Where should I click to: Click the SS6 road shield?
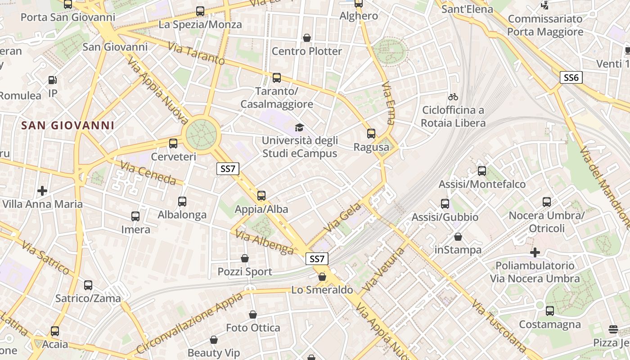coord(571,77)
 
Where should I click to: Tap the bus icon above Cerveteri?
coord(173,144)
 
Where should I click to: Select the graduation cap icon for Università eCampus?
coord(299,128)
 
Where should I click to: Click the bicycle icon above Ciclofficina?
coord(453,97)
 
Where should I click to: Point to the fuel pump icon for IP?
coord(53,80)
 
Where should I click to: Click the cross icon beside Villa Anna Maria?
coord(42,191)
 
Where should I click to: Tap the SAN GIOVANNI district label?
coord(68,125)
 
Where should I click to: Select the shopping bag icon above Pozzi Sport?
coord(245,258)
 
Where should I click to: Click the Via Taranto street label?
coord(196,54)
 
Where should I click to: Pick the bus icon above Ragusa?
coord(371,134)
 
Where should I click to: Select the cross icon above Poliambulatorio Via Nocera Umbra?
coord(535,252)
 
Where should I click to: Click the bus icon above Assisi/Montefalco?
coord(482,171)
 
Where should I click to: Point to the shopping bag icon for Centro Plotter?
coord(307,38)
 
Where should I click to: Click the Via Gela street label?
coord(342,218)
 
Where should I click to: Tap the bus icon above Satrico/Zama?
coord(88,285)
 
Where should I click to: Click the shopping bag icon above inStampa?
coord(458,237)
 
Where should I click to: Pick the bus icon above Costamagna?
coord(550,311)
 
